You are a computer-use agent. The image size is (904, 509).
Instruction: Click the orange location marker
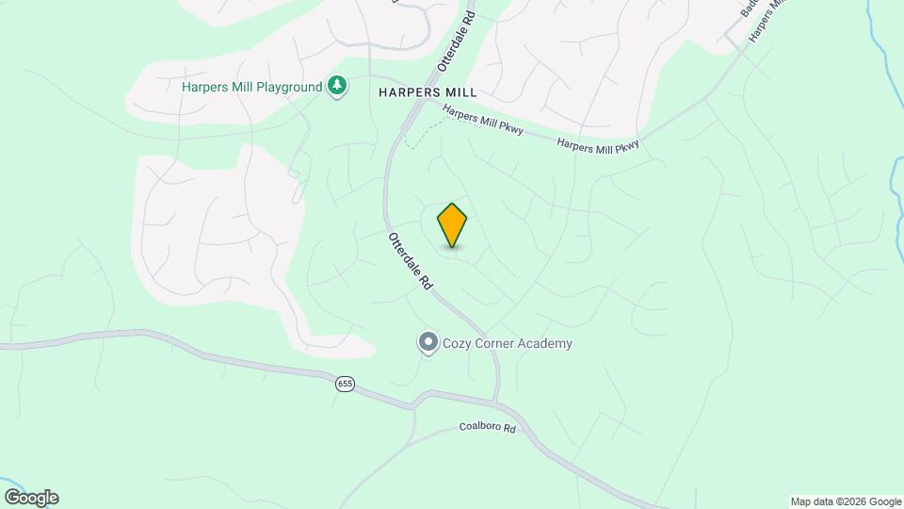(452, 224)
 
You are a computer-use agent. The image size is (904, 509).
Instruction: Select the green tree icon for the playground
(337, 87)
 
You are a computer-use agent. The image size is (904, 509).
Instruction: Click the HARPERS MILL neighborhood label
(428, 92)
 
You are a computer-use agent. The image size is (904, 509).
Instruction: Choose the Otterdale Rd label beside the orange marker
(410, 260)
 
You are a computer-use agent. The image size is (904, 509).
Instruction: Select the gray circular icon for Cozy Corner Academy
(428, 342)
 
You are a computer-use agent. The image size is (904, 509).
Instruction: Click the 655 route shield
(346, 385)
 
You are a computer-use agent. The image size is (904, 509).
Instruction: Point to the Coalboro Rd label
(488, 428)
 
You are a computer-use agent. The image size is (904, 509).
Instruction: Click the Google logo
(31, 497)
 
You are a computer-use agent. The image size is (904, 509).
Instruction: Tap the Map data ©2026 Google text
(845, 501)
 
